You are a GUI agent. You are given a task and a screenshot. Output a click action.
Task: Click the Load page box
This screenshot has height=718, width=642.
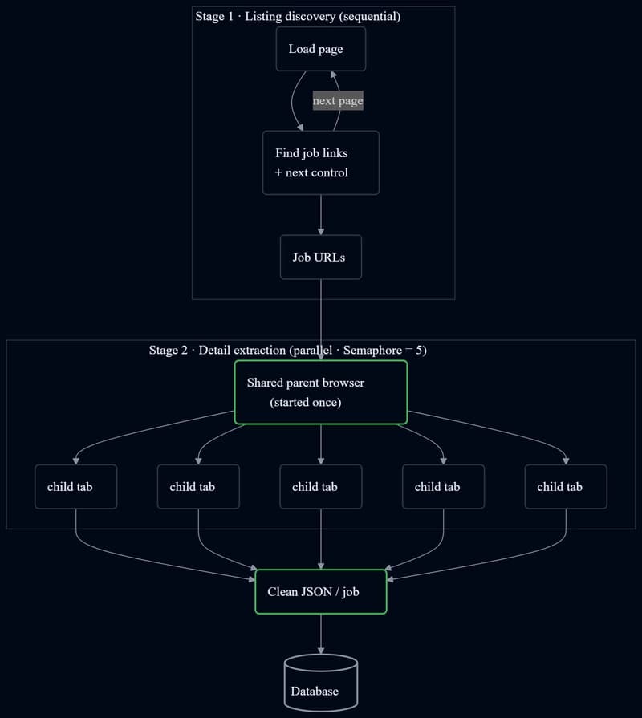[x=320, y=49]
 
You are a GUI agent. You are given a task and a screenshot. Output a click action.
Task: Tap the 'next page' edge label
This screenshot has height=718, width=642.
[x=338, y=100]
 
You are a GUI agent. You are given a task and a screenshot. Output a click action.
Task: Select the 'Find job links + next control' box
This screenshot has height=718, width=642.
[x=320, y=163]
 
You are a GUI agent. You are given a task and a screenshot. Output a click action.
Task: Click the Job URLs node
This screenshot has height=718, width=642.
[x=320, y=257]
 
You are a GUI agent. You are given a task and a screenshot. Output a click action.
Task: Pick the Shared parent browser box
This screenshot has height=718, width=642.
[x=320, y=392]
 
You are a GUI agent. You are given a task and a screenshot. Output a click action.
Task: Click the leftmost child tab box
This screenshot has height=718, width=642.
[x=76, y=486]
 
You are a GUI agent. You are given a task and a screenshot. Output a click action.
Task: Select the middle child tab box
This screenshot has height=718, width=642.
[x=320, y=486]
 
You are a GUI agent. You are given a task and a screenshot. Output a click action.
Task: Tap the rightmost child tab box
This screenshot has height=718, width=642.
[x=566, y=486]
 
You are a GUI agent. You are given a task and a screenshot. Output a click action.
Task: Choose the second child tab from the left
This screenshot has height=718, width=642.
[x=198, y=486]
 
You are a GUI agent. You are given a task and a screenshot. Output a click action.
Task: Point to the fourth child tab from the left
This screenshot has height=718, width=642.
[x=443, y=486]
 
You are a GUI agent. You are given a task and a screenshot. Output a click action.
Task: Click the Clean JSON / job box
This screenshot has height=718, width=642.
[x=320, y=591]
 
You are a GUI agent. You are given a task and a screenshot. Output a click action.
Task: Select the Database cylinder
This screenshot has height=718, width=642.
[x=320, y=683]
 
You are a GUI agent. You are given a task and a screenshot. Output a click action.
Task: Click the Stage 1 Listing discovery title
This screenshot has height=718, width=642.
[x=298, y=17]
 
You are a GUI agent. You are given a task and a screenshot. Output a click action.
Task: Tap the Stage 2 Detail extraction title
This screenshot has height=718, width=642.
[x=287, y=351]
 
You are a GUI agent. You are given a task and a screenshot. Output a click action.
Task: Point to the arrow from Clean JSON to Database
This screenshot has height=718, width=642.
[x=320, y=635]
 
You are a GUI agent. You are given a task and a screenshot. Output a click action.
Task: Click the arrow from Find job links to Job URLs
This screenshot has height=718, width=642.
[x=320, y=215]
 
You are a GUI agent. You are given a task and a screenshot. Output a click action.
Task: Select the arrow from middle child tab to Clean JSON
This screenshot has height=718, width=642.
[x=320, y=539]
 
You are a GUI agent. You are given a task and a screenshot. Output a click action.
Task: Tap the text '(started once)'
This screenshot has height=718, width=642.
[x=306, y=403]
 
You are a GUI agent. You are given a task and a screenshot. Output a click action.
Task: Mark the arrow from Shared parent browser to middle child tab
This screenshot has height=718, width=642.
[x=320, y=444]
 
